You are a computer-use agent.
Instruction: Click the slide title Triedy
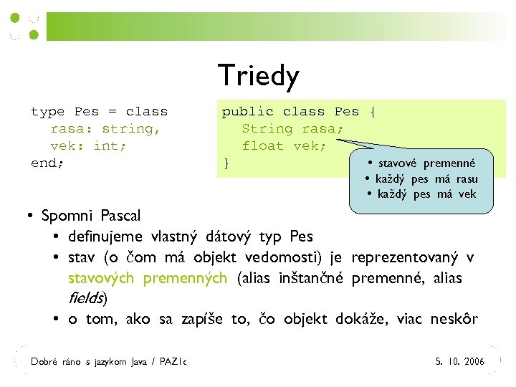pyautogui.click(x=258, y=75)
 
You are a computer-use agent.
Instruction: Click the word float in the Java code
pyautogui.click(x=263, y=146)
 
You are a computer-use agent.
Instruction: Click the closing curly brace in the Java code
pyautogui.click(x=226, y=163)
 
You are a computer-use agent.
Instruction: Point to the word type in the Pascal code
pyautogui.click(x=47, y=112)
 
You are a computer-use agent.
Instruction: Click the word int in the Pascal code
pyautogui.click(x=104, y=146)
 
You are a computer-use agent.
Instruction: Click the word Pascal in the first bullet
pyautogui.click(x=121, y=216)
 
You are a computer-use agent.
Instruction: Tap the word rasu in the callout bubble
pyautogui.click(x=466, y=179)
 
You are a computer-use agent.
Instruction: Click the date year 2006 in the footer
pyautogui.click(x=474, y=361)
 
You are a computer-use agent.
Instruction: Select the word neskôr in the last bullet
pyautogui.click(x=454, y=320)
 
